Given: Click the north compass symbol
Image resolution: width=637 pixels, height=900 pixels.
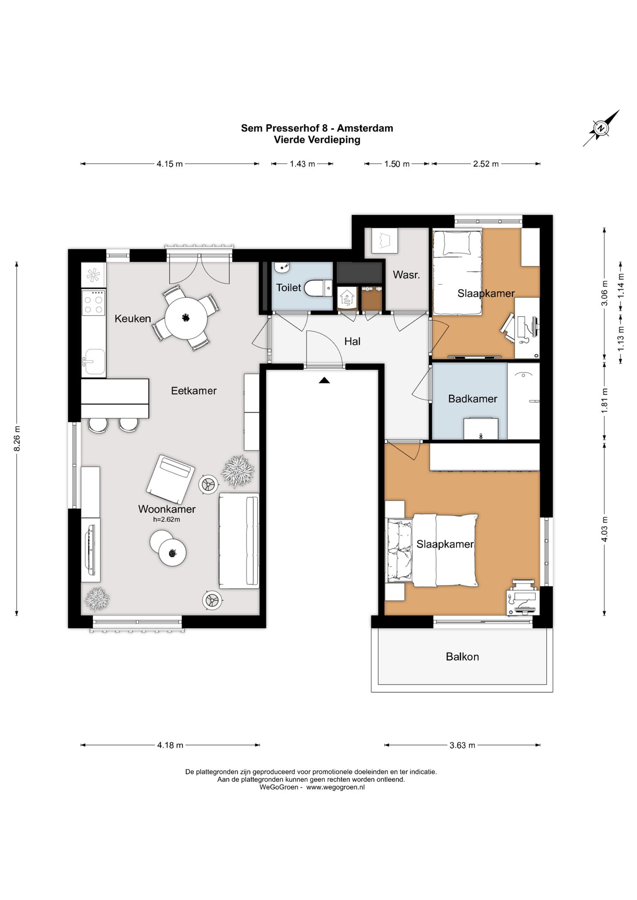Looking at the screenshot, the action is tap(601, 128).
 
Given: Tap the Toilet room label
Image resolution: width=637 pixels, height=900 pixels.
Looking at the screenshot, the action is tap(288, 287).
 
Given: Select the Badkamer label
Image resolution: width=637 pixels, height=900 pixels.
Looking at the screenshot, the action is tap(472, 398).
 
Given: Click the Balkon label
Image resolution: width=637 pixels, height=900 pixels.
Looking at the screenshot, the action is tap(462, 656).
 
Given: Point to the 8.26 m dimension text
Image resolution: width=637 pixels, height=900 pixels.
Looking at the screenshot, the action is tap(17, 438).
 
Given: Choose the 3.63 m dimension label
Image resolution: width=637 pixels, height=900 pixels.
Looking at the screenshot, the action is tap(462, 745).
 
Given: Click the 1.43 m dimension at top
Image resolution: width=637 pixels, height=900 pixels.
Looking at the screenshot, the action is tap(302, 164).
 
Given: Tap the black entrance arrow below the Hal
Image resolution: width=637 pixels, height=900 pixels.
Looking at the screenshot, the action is tap(324, 380).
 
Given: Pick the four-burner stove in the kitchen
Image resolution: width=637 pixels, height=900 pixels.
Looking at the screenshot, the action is tap(93, 302).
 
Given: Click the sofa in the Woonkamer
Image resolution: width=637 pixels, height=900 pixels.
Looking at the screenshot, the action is tap(239, 540).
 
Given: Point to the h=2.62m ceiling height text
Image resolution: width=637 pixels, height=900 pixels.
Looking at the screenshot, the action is tap(167, 520).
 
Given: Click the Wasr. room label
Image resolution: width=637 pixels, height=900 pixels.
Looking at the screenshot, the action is tap(406, 275).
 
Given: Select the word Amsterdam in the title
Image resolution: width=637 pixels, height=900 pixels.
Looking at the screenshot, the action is tap(365, 128).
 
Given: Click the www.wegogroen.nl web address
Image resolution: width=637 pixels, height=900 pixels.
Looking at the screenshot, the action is tap(335, 787).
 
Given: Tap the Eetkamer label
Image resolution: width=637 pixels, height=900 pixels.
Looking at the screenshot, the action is tap(194, 391).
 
